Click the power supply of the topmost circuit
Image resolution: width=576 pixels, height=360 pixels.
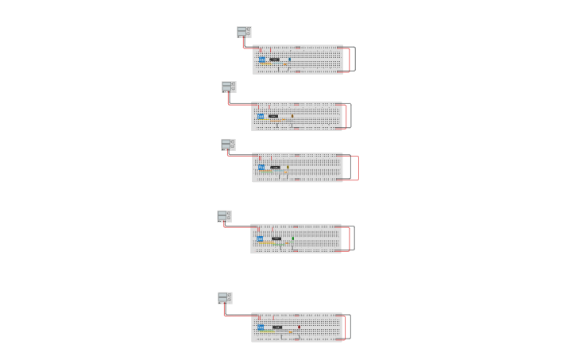click(244, 32)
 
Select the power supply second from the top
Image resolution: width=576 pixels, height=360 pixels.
click(229, 87)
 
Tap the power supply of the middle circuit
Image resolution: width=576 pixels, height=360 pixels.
click(228, 145)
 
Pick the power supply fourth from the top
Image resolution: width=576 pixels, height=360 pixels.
click(224, 216)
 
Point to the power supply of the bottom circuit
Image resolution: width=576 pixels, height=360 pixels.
click(225, 298)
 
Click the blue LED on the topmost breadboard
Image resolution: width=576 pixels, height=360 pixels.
click(289, 59)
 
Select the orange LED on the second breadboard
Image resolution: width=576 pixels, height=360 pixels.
click(292, 116)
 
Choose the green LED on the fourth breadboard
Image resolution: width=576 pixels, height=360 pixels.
click(292, 238)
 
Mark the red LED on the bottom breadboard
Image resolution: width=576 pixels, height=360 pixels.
click(299, 327)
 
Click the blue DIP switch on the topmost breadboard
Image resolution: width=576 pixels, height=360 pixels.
click(261, 60)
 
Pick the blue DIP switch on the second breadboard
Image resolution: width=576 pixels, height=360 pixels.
click(261, 116)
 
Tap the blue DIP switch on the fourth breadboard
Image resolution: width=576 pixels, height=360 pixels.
click(260, 238)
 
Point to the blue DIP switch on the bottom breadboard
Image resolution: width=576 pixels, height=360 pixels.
click(261, 327)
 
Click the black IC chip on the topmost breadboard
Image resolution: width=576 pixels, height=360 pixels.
click(274, 60)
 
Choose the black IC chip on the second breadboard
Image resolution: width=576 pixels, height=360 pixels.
click(273, 116)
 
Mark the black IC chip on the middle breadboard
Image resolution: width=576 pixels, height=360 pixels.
click(275, 167)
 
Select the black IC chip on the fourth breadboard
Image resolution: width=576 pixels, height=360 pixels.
click(276, 238)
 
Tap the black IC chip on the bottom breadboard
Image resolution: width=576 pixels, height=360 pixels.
click(277, 327)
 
